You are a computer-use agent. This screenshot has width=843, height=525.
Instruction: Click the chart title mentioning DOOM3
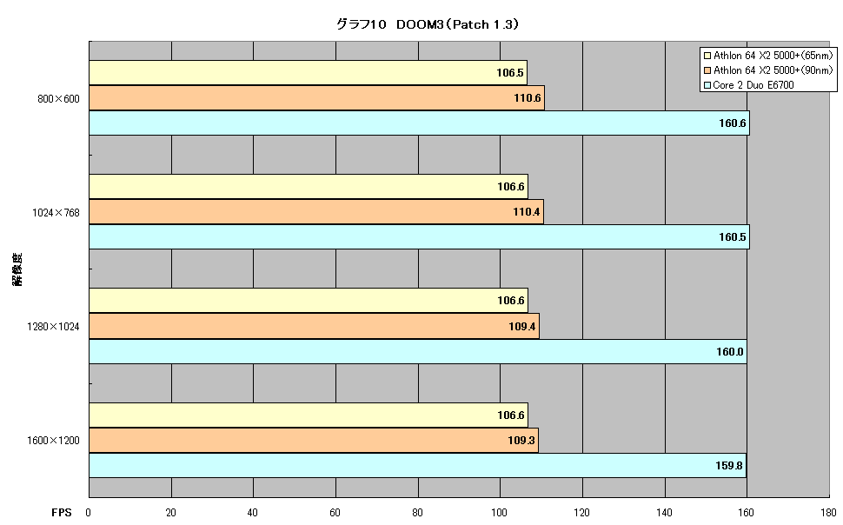428,24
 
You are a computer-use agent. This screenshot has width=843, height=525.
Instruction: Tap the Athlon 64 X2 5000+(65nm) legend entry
768,56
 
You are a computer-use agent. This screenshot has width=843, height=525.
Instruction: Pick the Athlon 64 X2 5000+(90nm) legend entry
768,70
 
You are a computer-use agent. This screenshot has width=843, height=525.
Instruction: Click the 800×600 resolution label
58,99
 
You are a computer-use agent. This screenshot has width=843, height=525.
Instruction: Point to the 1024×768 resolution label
56,213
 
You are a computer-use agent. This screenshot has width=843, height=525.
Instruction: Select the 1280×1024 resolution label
53,327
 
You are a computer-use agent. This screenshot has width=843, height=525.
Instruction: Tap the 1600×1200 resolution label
53,441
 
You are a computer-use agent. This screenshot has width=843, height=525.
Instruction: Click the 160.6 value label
733,123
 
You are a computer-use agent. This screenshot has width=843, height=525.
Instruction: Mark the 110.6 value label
527,98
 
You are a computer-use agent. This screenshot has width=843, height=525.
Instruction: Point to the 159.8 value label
728,465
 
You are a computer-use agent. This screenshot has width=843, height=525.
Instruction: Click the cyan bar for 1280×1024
418,351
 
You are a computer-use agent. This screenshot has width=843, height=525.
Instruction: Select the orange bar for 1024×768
316,212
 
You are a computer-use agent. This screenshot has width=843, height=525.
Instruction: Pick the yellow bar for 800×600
308,73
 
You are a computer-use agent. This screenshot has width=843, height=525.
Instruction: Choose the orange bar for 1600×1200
314,440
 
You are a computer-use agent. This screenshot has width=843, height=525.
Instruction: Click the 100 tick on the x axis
500,513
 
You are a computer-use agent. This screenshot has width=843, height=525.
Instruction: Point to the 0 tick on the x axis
88,513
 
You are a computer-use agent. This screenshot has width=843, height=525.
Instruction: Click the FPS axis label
62,513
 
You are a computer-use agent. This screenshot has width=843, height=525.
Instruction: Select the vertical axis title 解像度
17,269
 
